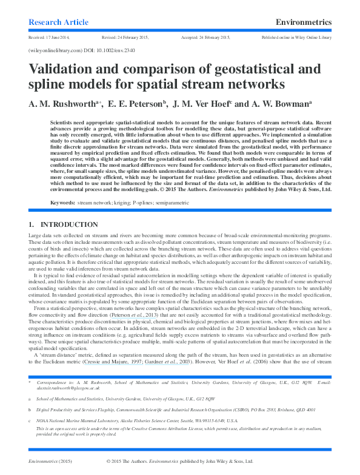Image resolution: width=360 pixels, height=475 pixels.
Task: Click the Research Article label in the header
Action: point(58,22)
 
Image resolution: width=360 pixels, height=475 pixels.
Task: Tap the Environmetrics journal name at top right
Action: point(303,22)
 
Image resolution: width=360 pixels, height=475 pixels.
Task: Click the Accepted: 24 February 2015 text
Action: point(205,38)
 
